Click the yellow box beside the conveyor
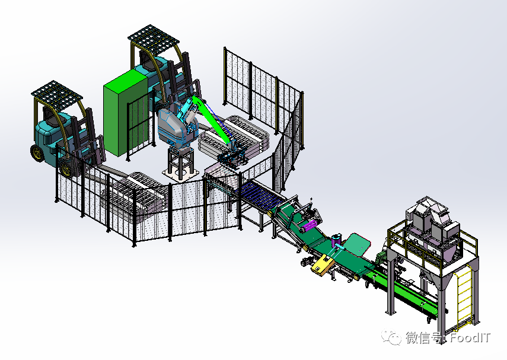point(322,265)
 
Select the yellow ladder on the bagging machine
point(464,294)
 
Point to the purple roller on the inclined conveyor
point(309,225)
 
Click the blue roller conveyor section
point(260,195)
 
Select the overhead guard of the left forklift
point(57,94)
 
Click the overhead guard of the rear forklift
point(154,39)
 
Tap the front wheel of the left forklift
point(37,152)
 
